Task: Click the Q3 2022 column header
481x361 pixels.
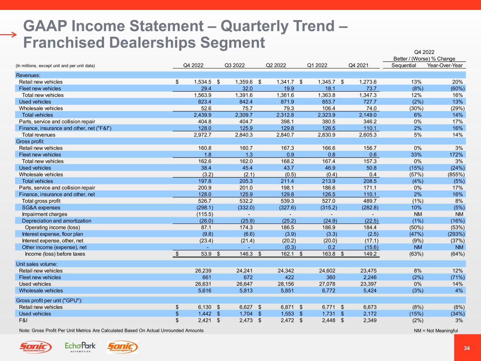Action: (x=234, y=65)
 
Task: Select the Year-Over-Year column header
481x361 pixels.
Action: (x=444, y=65)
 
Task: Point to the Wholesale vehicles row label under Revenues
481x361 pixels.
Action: (x=41, y=108)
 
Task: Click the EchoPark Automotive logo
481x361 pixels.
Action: (x=80, y=347)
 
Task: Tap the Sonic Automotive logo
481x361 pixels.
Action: (x=35, y=347)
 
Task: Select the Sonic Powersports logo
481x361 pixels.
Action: (x=122, y=347)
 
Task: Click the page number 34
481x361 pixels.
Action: (x=467, y=348)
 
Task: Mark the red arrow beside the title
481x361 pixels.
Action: (x=8, y=35)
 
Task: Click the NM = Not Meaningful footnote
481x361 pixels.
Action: (x=436, y=331)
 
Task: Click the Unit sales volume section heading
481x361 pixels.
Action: (x=37, y=264)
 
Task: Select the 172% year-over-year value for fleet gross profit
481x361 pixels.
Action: (x=457, y=155)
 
